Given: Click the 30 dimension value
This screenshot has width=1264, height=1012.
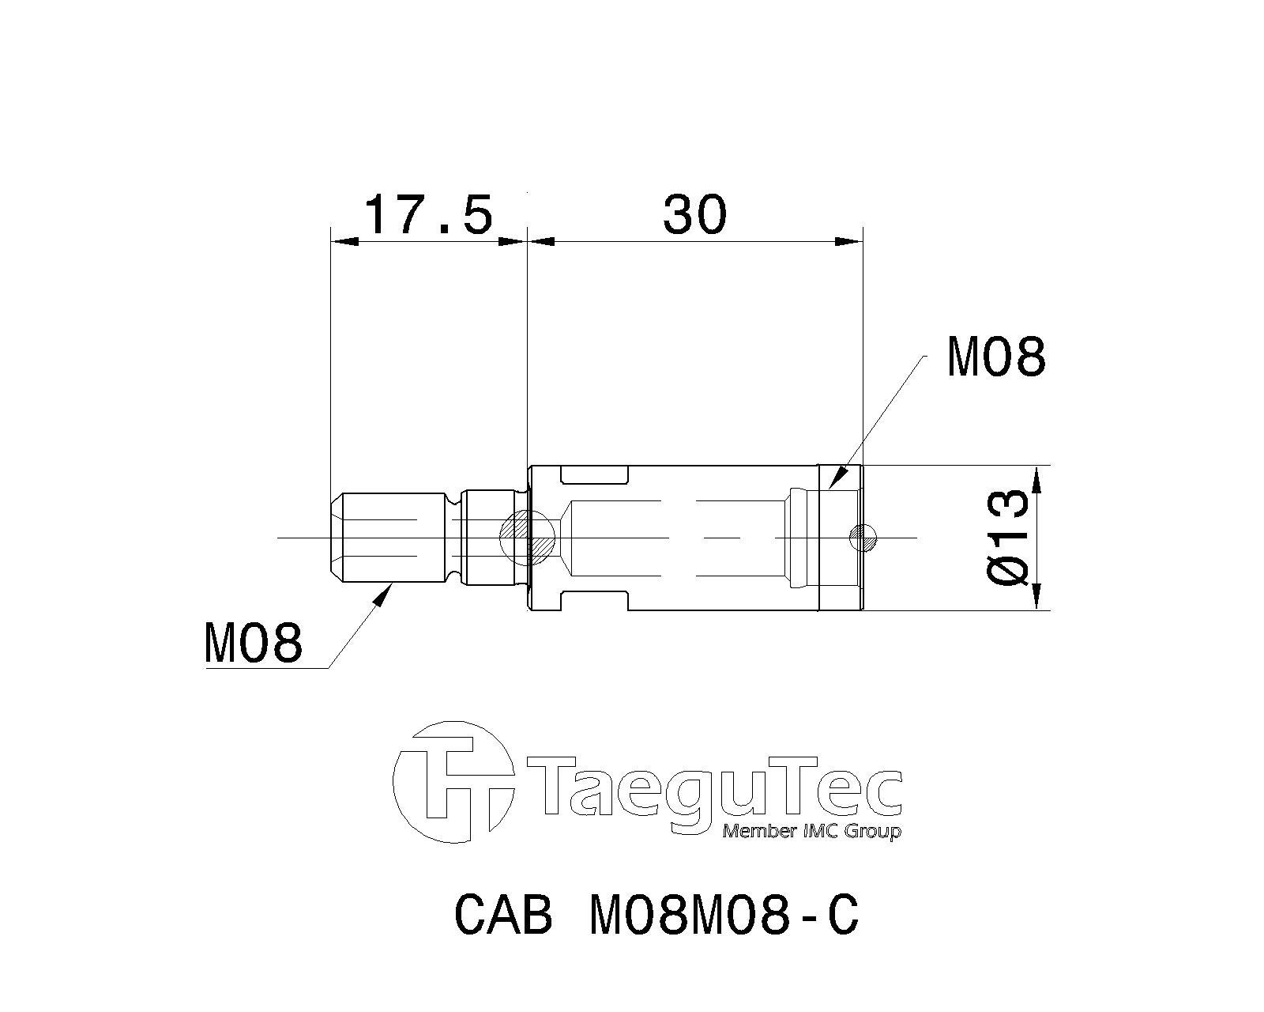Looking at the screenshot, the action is (x=695, y=214).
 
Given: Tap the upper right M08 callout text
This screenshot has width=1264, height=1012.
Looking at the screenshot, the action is (x=996, y=357).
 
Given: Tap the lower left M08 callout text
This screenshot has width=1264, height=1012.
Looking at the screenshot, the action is (x=253, y=644).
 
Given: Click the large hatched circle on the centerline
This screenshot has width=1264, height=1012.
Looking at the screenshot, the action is (x=526, y=538).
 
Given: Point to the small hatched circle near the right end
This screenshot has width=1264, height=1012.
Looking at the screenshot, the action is (x=863, y=538).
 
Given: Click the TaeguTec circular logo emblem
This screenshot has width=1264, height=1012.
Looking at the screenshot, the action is (x=452, y=783).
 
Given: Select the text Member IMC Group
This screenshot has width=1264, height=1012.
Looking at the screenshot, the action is (x=811, y=832).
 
